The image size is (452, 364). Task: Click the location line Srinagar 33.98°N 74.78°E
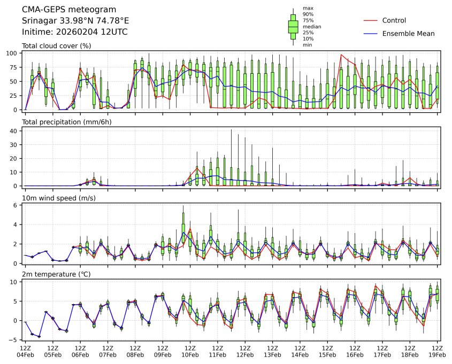pyautogui.click(x=75, y=21)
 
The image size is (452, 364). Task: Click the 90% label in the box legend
pyautogui.click(x=308, y=14)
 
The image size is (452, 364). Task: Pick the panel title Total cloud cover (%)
pyautogui.click(x=56, y=46)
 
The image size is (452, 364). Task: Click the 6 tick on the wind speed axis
pyautogui.click(x=17, y=205)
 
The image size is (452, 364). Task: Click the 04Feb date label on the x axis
pyautogui.click(x=25, y=354)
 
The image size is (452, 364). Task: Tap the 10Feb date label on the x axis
pyautogui.click(x=190, y=354)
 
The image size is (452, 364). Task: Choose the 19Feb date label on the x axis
pyautogui.click(x=437, y=354)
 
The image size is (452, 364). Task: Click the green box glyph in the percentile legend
pyautogui.click(x=293, y=26)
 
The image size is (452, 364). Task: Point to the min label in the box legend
pyautogui.click(x=308, y=45)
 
